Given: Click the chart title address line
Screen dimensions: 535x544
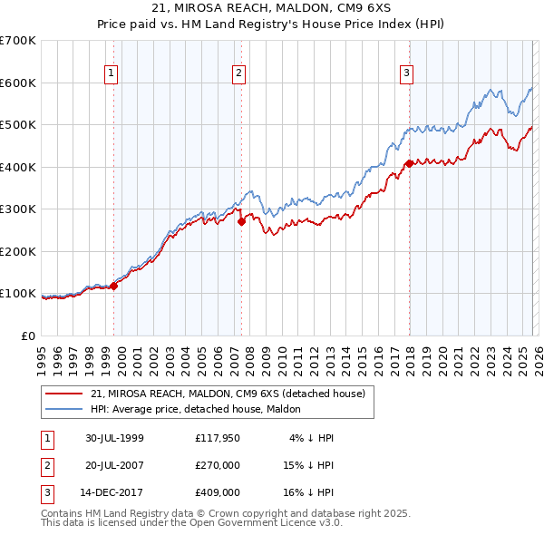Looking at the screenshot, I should [272, 9].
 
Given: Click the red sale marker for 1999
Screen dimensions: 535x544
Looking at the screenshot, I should [114, 286].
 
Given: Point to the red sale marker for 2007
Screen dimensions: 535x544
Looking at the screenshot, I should [242, 221].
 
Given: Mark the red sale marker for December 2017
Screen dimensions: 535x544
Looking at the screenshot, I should [409, 163].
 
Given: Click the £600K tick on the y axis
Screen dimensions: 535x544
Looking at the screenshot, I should [18, 83].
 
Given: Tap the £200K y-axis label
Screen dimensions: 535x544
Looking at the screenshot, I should [18, 251].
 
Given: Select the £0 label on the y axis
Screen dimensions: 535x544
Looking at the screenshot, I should [27, 336].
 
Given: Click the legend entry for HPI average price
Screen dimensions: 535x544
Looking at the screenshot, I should [201, 409].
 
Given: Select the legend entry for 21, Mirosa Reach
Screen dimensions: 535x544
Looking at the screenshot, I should [227, 394].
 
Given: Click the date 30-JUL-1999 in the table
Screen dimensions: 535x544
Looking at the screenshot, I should [114, 438].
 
